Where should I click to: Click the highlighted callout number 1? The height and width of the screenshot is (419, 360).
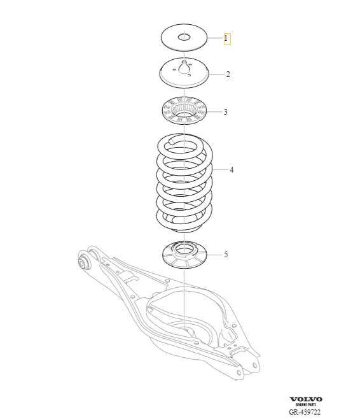point(226,39)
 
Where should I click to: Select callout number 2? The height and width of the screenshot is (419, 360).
point(228,75)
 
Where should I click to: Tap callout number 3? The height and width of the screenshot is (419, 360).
point(225,112)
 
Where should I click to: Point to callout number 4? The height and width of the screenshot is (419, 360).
point(232,170)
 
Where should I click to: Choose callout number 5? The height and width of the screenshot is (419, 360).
point(225,255)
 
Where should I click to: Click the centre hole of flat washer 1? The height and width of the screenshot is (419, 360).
point(184,37)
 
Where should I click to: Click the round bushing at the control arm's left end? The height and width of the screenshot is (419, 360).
point(83,260)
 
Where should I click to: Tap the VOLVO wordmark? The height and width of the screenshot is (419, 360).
point(306,399)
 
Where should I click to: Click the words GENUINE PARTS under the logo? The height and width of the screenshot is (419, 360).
point(306,405)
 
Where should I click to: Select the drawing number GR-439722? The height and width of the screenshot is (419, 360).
point(306,412)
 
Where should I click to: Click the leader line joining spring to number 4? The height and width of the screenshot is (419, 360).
point(220,170)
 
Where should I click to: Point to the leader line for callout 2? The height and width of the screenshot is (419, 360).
point(216,75)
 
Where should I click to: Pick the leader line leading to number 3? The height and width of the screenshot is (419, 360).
point(214,112)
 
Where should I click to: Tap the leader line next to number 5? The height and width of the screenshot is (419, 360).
point(214,255)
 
